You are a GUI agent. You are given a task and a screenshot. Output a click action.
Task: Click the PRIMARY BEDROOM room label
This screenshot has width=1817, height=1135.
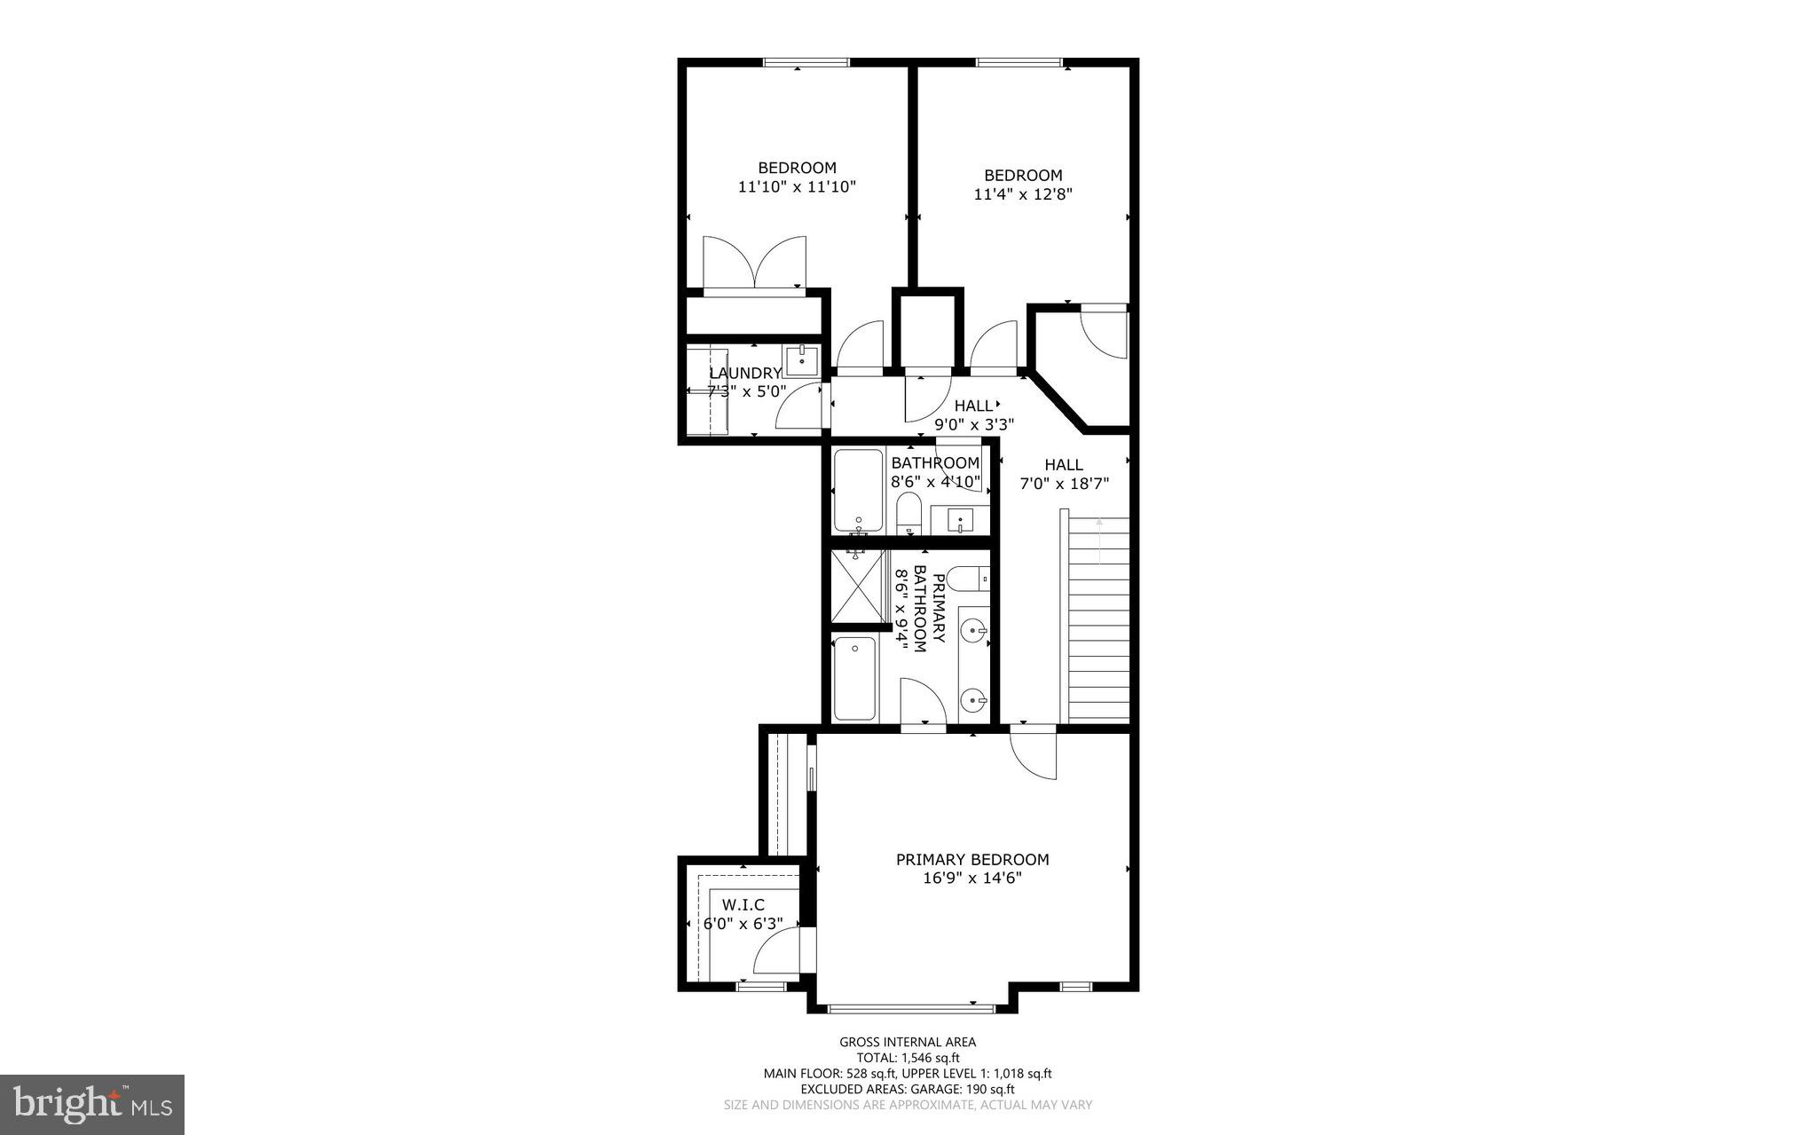click(971, 859)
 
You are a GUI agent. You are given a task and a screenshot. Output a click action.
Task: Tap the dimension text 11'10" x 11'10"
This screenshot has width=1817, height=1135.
click(796, 187)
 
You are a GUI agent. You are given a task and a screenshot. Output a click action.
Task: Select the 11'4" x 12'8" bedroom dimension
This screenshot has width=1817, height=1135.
click(1023, 194)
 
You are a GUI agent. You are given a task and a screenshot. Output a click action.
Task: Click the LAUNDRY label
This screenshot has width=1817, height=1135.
click(744, 374)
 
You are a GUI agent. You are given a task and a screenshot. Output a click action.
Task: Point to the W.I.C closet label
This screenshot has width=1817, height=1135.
click(743, 904)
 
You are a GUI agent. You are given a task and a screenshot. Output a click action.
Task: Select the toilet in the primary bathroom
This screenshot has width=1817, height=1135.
click(969, 579)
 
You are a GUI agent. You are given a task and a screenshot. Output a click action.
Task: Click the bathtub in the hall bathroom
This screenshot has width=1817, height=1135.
click(858, 490)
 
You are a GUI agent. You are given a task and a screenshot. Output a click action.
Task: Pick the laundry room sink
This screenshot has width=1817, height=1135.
click(801, 360)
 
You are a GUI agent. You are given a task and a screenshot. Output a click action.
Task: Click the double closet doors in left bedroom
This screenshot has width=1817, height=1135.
click(754, 263)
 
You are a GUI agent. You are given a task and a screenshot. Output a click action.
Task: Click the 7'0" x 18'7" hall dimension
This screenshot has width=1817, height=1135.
click(1064, 484)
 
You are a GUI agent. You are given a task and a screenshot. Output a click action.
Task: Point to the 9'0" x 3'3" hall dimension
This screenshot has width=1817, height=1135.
click(973, 424)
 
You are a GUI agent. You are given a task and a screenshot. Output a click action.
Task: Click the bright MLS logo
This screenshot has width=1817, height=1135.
click(92, 1104)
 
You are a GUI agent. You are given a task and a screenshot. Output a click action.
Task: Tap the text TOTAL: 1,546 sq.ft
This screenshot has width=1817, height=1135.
click(908, 1058)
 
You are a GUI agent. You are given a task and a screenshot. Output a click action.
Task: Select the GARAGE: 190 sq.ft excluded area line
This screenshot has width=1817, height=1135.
click(908, 1089)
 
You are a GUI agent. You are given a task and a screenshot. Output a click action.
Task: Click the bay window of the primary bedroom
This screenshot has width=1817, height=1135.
click(911, 1007)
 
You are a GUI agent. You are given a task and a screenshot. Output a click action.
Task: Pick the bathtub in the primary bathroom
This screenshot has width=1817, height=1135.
click(855, 678)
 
